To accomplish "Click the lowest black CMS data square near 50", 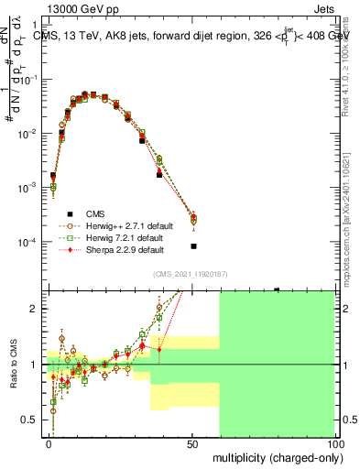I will point(193,246).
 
